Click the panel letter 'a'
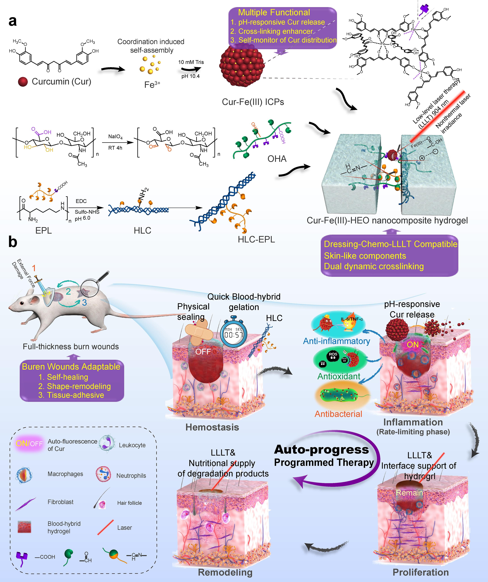click(12, 21)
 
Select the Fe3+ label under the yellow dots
click(152, 84)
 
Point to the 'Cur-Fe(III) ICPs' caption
click(253, 102)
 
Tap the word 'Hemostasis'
click(212, 427)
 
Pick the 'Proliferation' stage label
click(420, 572)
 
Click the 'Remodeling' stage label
click(225, 572)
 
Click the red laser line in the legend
click(106, 527)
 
